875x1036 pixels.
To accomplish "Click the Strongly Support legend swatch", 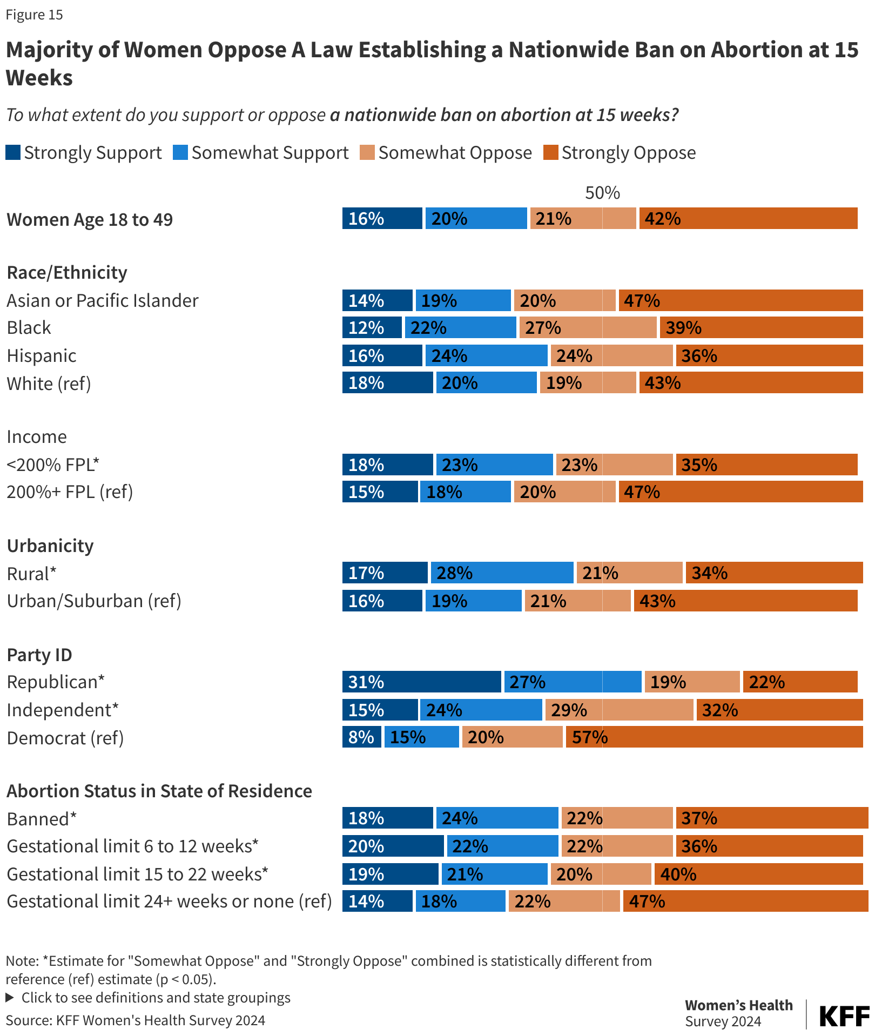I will point(13,153).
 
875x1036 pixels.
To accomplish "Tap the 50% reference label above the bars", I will point(602,193).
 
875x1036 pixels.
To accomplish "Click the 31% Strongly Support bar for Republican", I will point(421,682).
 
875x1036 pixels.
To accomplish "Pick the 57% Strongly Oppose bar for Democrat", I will point(714,737).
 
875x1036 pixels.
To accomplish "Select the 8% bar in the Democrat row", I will point(361,737).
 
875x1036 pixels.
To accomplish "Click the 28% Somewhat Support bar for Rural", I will point(502,573).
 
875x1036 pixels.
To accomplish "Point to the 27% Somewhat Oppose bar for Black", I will point(588,327).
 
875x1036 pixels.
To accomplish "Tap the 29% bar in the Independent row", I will point(619,710).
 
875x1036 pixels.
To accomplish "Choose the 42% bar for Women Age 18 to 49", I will point(748,219).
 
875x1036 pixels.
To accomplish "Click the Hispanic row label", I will point(42,355).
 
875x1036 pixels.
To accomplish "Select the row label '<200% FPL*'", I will point(53,465).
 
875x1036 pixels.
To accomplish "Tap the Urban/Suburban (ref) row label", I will point(94,601).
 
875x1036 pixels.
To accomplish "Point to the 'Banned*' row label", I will point(42,819).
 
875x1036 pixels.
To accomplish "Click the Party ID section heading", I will point(39,655).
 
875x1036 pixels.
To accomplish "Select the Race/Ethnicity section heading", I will point(67,272).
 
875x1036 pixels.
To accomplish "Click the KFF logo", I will point(844,1016).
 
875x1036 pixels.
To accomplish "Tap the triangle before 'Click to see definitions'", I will point(9,997).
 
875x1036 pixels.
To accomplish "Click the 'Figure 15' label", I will point(34,15).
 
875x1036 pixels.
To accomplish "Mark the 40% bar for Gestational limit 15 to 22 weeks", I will point(758,874).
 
